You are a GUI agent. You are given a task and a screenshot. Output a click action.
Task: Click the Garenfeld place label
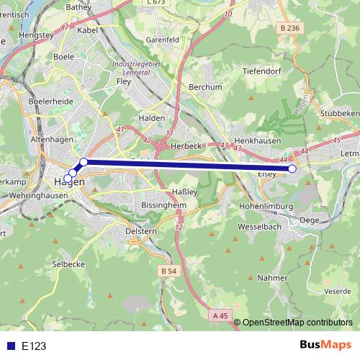click(162, 40)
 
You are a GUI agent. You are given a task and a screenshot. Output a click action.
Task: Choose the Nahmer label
click(271, 277)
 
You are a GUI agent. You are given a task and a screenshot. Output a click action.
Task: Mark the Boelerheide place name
click(48, 103)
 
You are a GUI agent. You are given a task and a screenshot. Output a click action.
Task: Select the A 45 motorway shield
click(221, 315)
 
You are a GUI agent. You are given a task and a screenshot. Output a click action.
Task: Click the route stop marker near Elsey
click(292, 168)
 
